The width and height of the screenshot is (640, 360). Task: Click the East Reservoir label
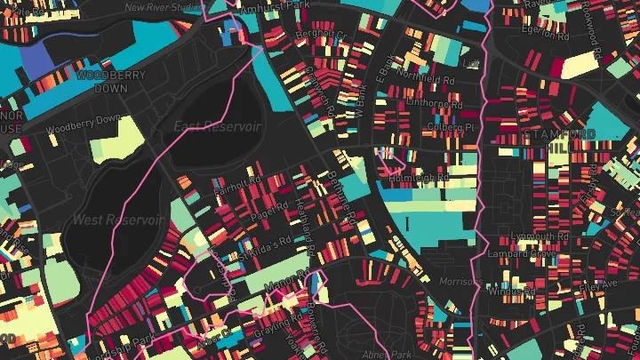217,125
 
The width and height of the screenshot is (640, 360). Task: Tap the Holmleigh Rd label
420,178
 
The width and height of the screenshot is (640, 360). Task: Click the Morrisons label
460,282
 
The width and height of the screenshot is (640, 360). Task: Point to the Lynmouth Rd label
541,236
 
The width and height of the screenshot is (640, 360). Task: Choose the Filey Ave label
597,285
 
